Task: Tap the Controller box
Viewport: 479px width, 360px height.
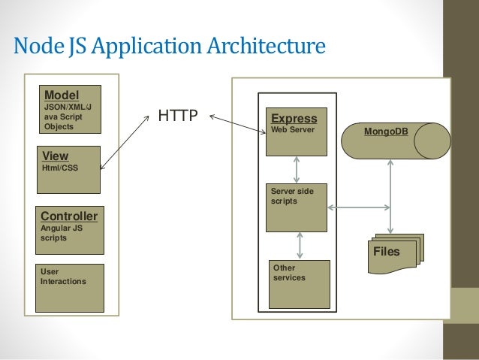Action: tap(69, 230)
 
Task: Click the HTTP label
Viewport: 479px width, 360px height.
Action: tap(177, 116)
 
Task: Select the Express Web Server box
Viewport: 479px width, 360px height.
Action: tap(297, 132)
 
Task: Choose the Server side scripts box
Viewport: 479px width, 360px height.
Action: tap(297, 207)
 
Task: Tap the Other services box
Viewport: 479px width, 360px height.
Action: tap(298, 284)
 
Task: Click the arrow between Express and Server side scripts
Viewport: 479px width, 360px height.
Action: tap(297, 169)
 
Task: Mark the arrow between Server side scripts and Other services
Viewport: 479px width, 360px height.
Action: tap(300, 245)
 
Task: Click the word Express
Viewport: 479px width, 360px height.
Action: tap(294, 119)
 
